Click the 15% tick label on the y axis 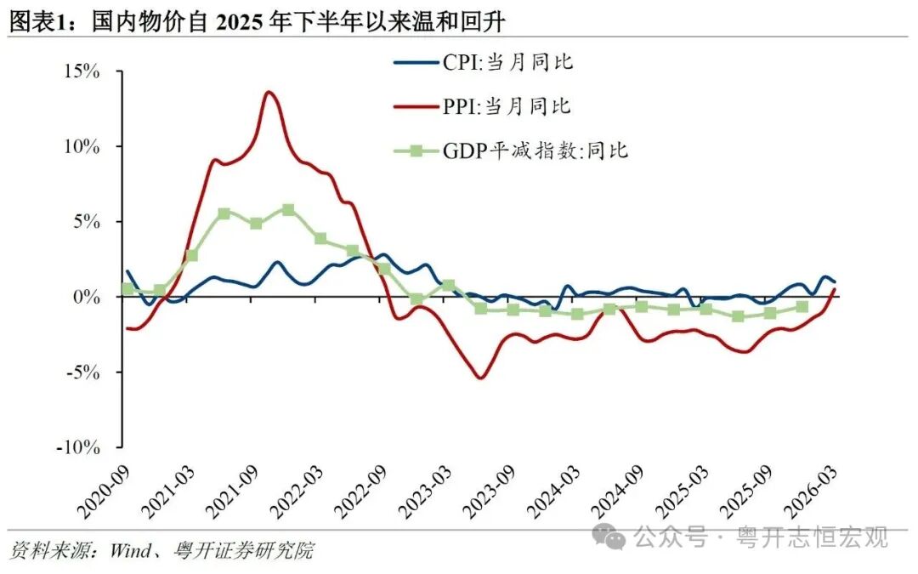coord(82,71)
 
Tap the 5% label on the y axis coord(87,222)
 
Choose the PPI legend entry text coord(506,106)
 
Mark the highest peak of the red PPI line coord(269,92)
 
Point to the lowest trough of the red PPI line coord(482,378)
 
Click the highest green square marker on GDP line coord(288,209)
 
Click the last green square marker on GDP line coord(802,307)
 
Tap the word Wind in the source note coord(129,551)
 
